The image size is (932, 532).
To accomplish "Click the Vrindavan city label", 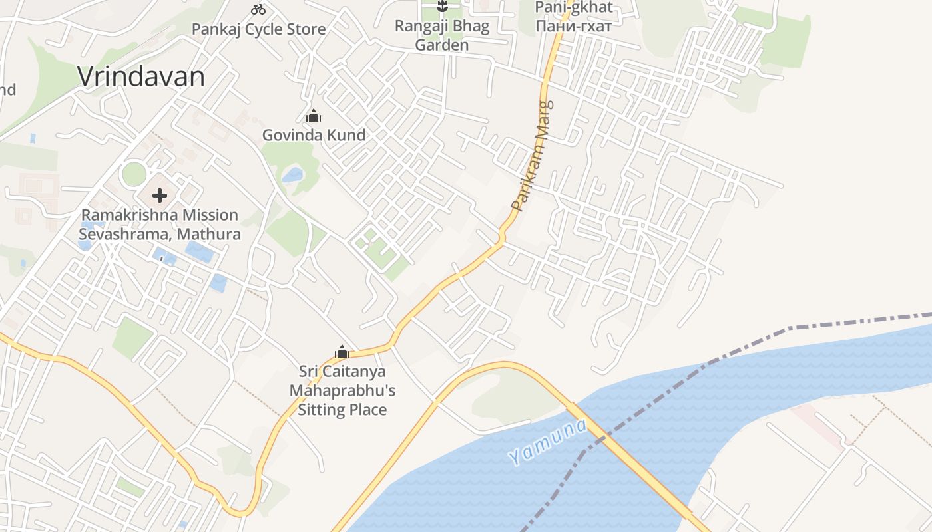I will tap(141, 77).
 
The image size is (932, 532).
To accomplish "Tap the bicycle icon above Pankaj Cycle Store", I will tap(258, 9).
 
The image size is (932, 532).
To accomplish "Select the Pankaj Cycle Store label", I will tap(258, 29).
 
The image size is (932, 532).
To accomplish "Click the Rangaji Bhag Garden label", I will tap(442, 36).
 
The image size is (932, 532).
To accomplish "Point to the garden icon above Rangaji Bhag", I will tap(441, 7).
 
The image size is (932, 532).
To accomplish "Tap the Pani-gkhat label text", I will tap(574, 9).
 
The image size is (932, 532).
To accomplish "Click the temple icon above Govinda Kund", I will tap(314, 116).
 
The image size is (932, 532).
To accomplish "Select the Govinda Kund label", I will tap(314, 135).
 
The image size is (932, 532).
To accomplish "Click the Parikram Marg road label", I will tap(533, 157).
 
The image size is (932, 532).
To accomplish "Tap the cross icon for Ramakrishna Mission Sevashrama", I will tap(160, 196).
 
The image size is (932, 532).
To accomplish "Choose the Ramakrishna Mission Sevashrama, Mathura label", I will tap(160, 225).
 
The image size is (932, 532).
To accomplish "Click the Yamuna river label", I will tap(547, 442).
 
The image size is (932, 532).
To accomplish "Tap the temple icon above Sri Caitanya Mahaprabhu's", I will tap(342, 352).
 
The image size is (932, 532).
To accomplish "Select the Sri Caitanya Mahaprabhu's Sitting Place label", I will tap(342, 390).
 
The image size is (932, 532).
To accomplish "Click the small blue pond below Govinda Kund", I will tap(292, 176).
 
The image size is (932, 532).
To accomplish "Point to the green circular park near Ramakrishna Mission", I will tap(134, 174).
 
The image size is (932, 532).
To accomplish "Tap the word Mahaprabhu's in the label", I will tap(342, 390).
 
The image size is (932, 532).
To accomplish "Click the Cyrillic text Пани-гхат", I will tap(574, 25).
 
